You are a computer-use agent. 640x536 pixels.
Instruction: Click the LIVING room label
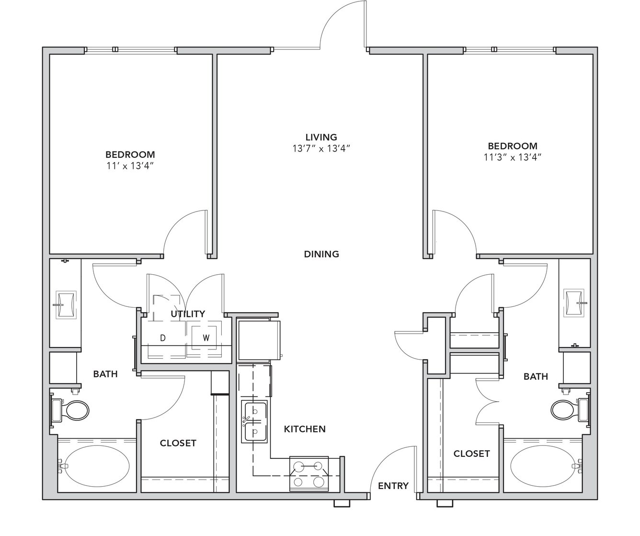tap(321, 137)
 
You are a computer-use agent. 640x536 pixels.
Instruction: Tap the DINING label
tap(321, 254)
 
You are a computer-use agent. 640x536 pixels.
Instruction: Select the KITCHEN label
tap(305, 429)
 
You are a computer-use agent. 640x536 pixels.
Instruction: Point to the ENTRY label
tap(393, 486)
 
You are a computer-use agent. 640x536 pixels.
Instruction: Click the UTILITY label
tap(188, 314)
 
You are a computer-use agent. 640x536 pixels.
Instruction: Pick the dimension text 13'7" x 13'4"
tap(321, 149)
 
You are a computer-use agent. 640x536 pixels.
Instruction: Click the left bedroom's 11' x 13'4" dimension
tap(130, 166)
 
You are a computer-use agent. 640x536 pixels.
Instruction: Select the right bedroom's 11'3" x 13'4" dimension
tap(513, 157)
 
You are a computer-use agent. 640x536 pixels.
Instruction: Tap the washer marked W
tap(204, 338)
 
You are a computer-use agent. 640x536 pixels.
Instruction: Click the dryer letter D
tap(163, 338)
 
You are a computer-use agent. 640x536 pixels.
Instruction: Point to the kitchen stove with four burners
tap(309, 474)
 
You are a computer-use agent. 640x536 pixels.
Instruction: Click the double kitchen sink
tap(254, 421)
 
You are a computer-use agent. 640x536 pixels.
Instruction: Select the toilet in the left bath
tap(70, 410)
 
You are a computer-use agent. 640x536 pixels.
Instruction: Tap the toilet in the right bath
tap(570, 409)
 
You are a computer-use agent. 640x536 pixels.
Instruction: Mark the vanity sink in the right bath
tap(574, 303)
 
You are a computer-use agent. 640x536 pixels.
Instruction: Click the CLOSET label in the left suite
tap(178, 443)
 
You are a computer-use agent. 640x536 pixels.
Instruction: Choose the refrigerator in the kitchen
tap(259, 340)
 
